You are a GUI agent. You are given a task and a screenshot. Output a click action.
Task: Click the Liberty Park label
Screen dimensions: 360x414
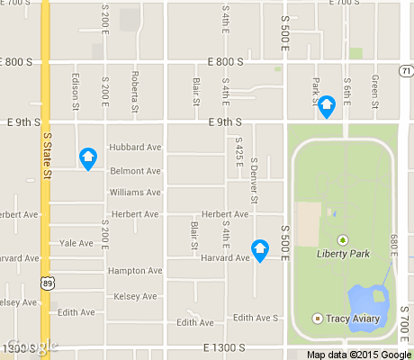(x=343, y=254)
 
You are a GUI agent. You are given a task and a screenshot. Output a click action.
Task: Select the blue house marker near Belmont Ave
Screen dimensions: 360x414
(x=88, y=158)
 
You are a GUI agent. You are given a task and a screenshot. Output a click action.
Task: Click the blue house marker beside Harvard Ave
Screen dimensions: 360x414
(x=260, y=249)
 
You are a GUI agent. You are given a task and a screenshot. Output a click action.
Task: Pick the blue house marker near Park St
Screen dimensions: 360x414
(x=327, y=107)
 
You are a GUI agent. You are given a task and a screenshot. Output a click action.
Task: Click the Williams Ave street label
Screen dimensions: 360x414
(x=134, y=193)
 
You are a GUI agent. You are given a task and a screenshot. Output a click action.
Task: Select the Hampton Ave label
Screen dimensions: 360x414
(x=134, y=270)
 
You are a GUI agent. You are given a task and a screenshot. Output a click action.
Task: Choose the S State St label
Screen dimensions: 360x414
(x=47, y=154)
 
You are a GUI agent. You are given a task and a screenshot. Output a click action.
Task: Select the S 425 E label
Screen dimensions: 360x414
(x=238, y=154)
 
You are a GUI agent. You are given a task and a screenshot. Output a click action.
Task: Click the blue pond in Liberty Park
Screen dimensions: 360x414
(x=366, y=298)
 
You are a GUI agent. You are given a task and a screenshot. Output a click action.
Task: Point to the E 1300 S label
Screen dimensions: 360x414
(x=224, y=347)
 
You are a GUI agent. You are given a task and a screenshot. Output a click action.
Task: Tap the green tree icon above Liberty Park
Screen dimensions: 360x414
(x=342, y=239)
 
